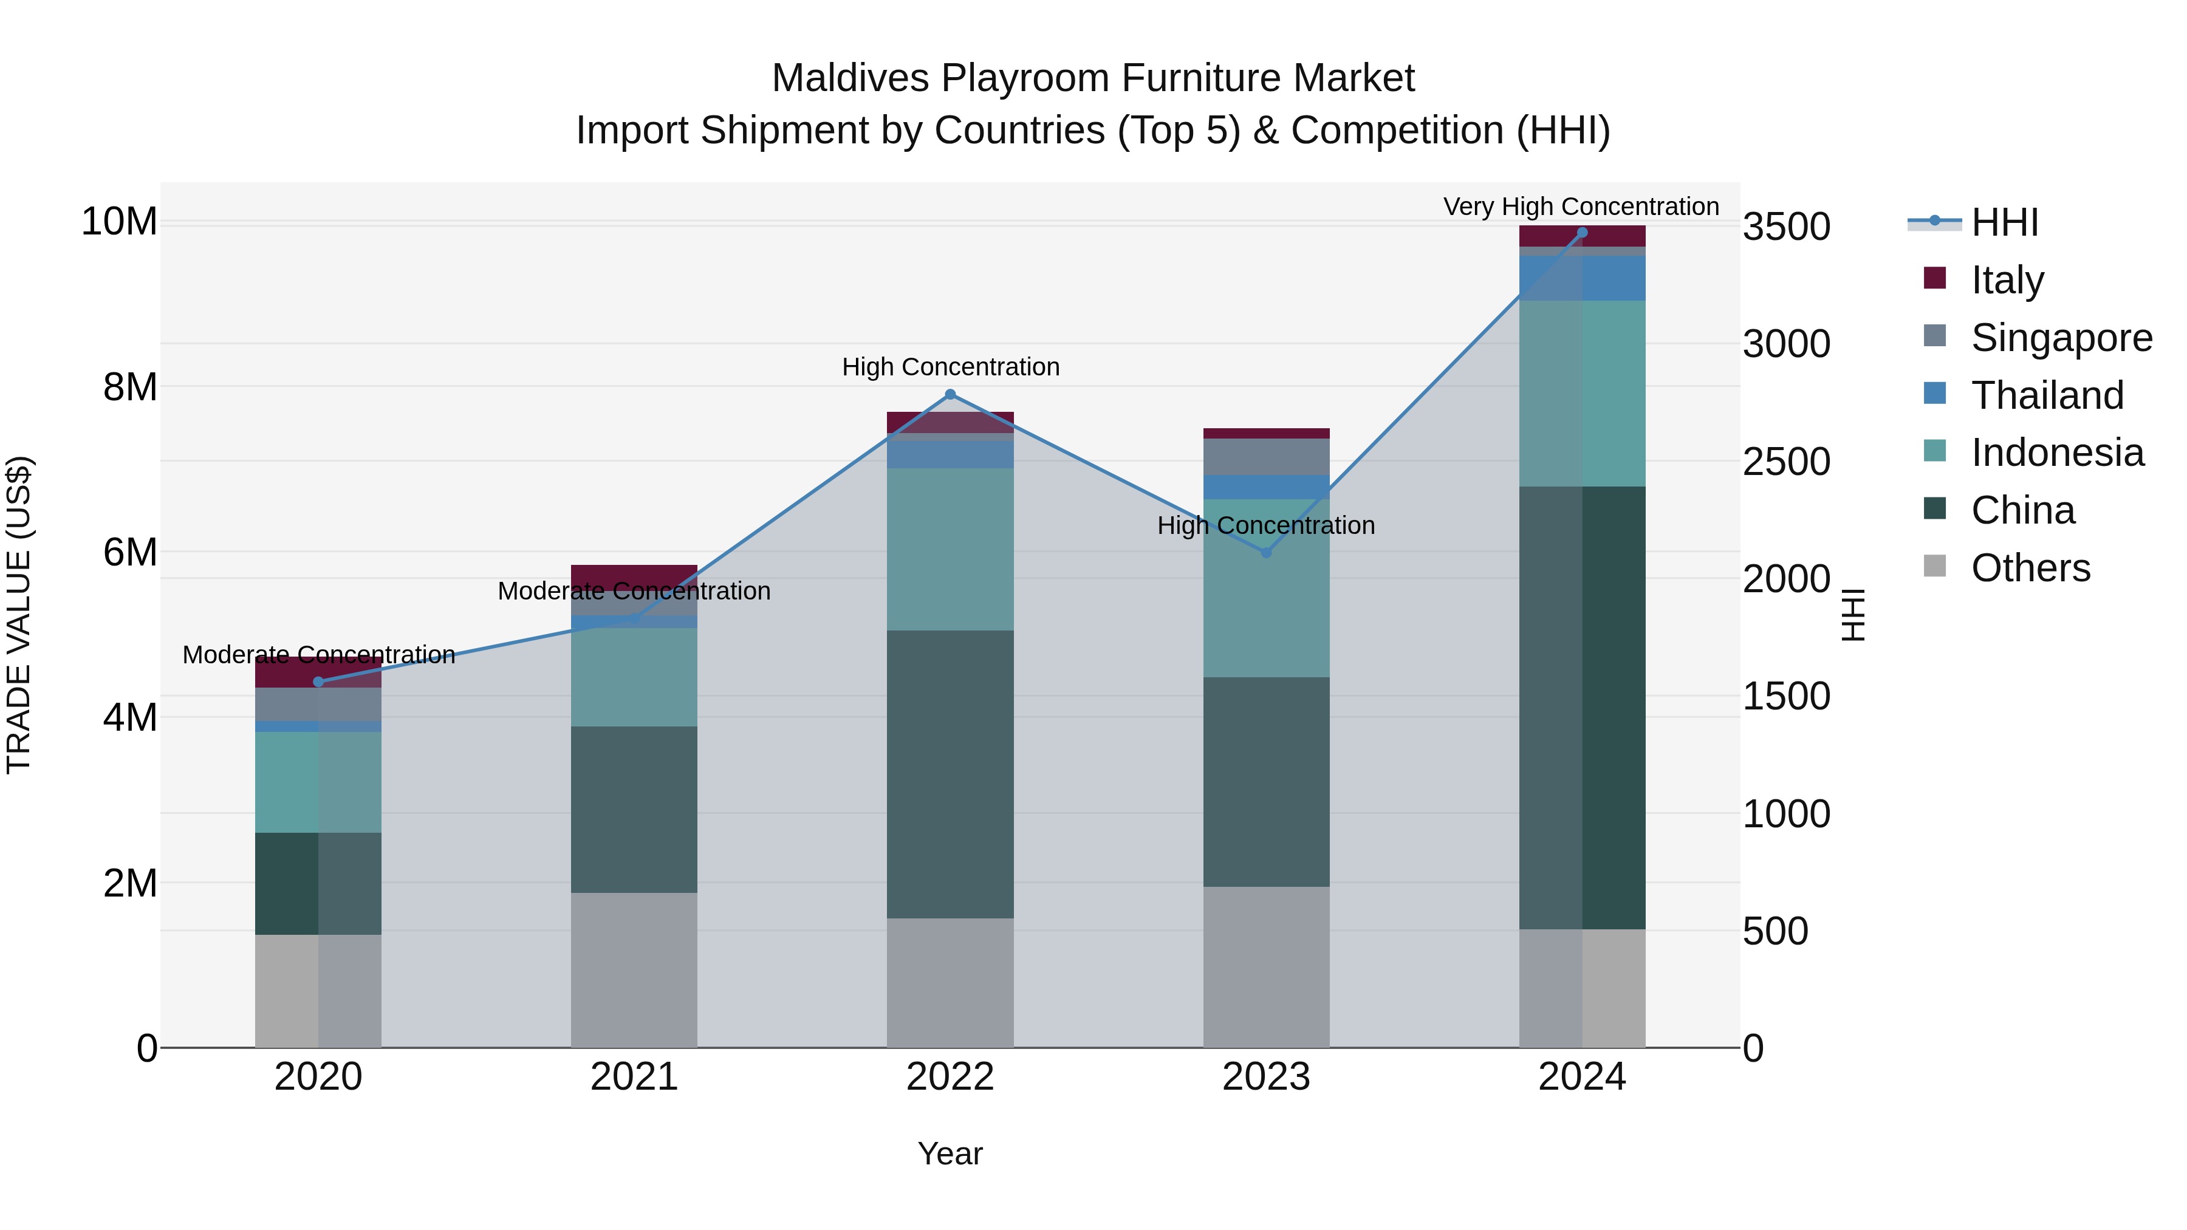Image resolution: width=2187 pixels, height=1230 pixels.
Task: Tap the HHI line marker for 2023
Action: [1266, 553]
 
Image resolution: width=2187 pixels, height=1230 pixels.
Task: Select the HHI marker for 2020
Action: [318, 682]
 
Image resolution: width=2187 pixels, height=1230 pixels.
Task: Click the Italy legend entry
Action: [2007, 279]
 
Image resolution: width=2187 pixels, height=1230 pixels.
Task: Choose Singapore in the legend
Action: [2061, 337]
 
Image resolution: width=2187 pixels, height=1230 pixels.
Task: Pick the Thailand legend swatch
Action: [1935, 394]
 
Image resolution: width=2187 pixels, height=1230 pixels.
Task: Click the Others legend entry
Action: [2030, 567]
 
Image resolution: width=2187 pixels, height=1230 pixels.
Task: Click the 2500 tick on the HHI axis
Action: [1786, 462]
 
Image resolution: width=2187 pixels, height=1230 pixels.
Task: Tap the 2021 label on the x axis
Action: [634, 1077]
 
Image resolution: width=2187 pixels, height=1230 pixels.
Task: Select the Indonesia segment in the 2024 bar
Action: [1582, 393]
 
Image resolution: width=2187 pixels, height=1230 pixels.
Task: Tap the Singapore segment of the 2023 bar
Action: [1266, 457]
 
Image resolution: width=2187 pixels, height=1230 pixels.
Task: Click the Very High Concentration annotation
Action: [1581, 207]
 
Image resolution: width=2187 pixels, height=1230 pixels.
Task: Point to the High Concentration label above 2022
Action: [950, 367]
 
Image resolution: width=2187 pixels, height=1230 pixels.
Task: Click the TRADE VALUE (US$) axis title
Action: [19, 615]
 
